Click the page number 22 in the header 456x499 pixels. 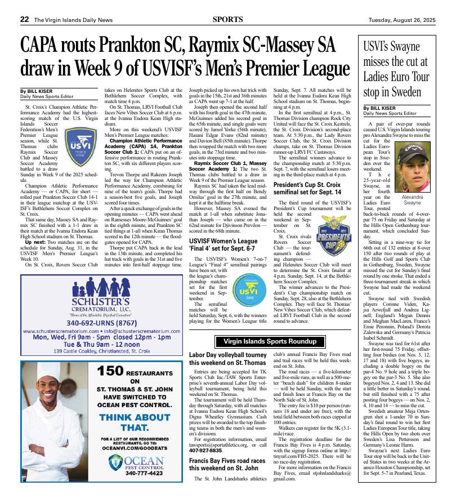click(25, 19)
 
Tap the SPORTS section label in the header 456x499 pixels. click(228, 19)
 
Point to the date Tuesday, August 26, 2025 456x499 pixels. click(402, 20)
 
